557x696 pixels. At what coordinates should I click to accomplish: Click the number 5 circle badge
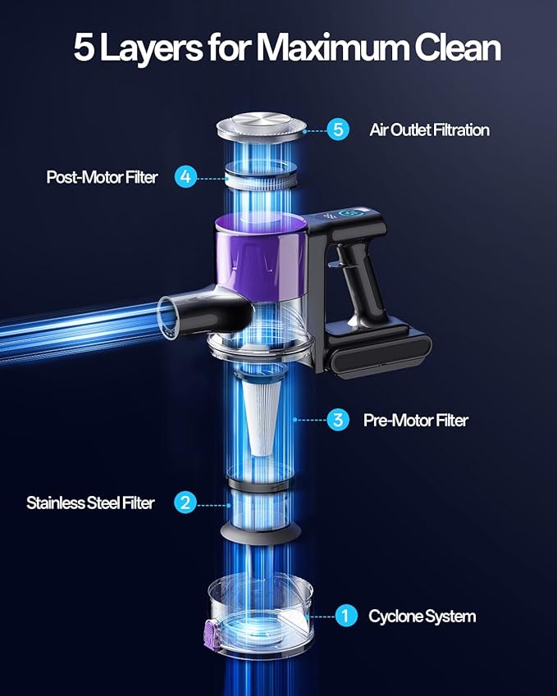pos(338,130)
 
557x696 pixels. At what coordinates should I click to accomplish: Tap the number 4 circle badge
pos(185,176)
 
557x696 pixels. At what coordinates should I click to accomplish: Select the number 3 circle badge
pos(338,420)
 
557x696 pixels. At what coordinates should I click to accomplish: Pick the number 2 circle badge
pos(185,503)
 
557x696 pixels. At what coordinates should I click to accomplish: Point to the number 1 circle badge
pos(346,616)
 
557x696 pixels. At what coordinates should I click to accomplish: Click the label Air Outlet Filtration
pos(430,130)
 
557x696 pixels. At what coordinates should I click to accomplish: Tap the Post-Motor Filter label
pos(103,177)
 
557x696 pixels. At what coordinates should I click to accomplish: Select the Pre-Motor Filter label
pos(416,421)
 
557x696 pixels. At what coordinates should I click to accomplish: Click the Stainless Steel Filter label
pos(90,503)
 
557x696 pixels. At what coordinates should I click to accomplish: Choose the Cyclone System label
pos(422,616)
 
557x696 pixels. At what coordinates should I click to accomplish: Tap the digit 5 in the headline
pos(84,48)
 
